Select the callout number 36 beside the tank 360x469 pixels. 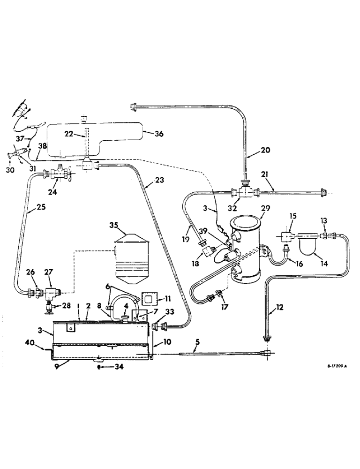pyautogui.click(x=160, y=134)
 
